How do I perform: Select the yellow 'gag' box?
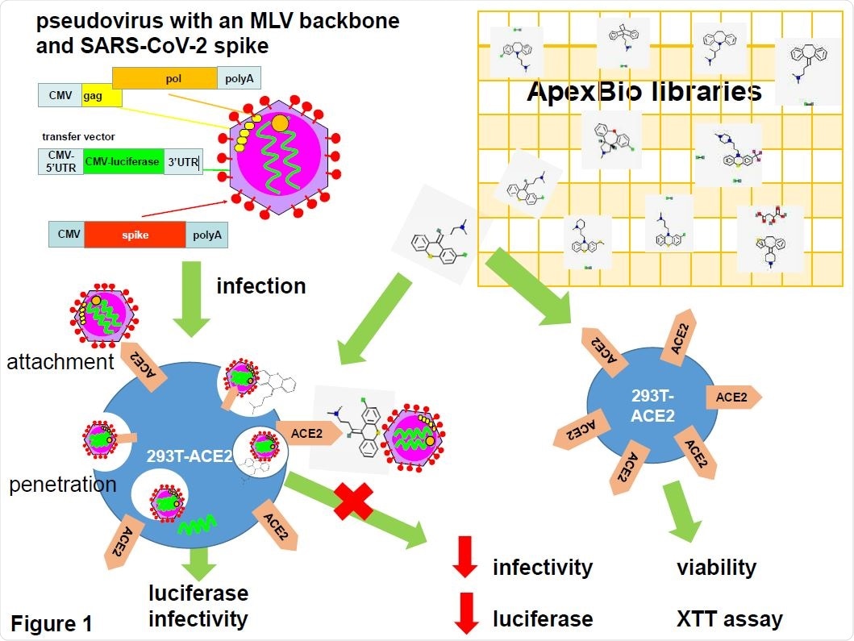[x=101, y=97]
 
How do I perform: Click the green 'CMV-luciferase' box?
[x=123, y=161]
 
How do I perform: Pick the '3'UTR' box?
[x=183, y=161]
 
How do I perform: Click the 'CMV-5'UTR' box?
[x=60, y=161]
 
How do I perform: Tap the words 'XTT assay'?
[x=729, y=619]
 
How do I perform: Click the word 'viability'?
[x=716, y=568]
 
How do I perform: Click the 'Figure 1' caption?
[x=52, y=623]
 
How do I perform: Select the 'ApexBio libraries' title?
[x=644, y=91]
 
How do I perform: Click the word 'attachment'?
[x=60, y=362]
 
